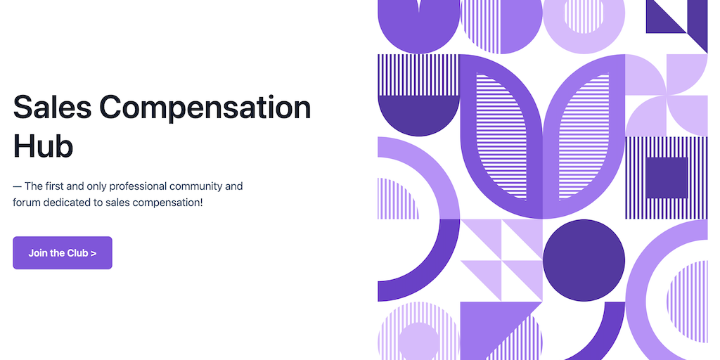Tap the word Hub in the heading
tap(43, 146)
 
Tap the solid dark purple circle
tap(584, 260)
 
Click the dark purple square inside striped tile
tap(667, 178)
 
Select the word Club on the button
tap(77, 253)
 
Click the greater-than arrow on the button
tap(94, 253)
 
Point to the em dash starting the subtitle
tap(18, 186)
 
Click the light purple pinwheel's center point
tap(667, 96)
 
